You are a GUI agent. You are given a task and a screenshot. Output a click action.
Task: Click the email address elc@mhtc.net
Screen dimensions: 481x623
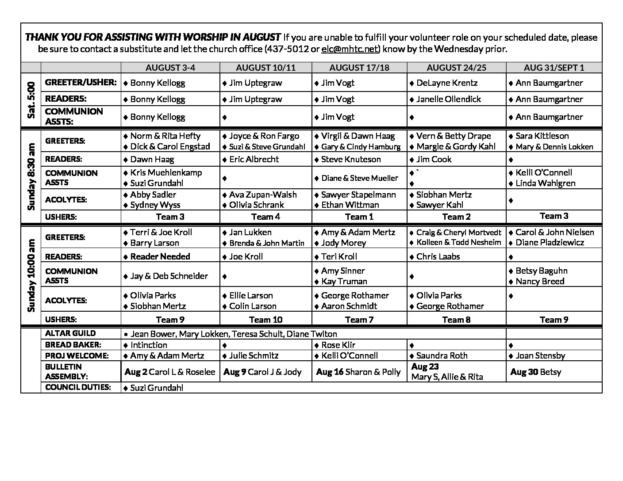pos(349,49)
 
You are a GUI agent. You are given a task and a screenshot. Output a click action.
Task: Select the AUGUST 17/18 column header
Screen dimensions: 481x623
pos(359,68)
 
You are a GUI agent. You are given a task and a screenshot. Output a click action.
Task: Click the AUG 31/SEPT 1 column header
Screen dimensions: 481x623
pos(554,68)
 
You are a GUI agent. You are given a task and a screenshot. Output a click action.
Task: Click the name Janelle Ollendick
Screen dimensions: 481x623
pos(448,99)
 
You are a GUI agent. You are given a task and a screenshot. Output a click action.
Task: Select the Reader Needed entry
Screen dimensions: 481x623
pos(160,256)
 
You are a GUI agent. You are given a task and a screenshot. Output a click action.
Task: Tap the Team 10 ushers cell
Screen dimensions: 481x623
pos(265,320)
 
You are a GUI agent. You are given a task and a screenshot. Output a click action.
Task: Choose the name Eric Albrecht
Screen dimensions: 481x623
pos(254,159)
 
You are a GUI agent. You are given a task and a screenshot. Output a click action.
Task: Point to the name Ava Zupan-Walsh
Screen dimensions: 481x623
pos(263,195)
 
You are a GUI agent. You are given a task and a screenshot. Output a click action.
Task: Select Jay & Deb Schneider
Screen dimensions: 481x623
pos(169,276)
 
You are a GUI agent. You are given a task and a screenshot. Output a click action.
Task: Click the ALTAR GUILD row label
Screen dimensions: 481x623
pos(70,333)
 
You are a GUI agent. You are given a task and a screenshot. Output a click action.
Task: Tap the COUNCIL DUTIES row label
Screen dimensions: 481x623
pos(78,387)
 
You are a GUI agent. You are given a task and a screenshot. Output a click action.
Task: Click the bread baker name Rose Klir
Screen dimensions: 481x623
pos(338,345)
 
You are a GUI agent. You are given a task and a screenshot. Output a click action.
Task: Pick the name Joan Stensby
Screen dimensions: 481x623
pos(540,355)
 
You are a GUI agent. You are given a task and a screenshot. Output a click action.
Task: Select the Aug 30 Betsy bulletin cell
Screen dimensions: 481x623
pos(535,372)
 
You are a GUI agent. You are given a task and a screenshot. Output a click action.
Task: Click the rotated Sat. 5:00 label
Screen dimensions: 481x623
pos(31,100)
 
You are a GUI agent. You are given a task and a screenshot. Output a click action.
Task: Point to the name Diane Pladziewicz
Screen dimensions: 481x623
pos(550,243)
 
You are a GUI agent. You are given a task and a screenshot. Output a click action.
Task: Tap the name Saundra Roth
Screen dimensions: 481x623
pos(442,355)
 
